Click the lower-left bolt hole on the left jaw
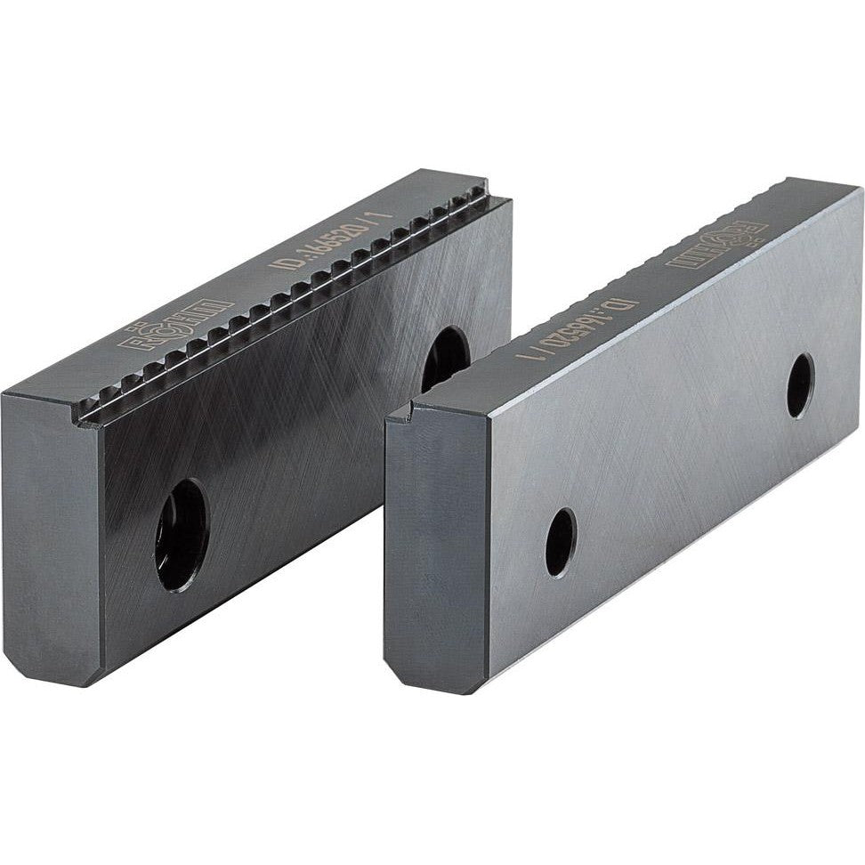(182, 535)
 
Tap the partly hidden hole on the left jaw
(444, 357)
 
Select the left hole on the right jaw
(561, 542)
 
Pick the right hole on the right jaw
(800, 384)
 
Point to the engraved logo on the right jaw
(717, 246)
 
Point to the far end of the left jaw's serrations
(481, 201)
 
